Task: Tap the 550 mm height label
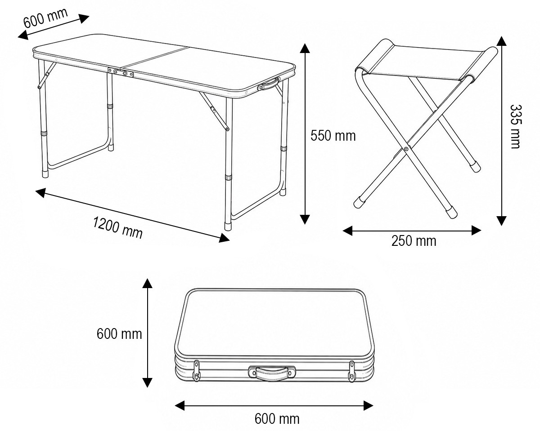pos(333,136)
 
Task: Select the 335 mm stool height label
pos(515,127)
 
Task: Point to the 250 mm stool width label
pos(414,241)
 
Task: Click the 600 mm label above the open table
pos(45,18)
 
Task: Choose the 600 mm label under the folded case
pos(277,418)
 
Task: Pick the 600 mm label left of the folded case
pos(119,334)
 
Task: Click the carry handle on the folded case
pos(272,375)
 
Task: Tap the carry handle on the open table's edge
pos(268,84)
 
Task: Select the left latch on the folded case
pos(197,371)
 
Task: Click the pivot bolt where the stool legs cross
pos(406,149)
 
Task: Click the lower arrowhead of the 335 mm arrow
pos(501,221)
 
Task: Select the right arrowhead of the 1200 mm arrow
pos(224,238)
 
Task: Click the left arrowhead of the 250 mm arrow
pos(347,231)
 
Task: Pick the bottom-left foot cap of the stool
pos(359,202)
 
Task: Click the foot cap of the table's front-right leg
pos(228,226)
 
